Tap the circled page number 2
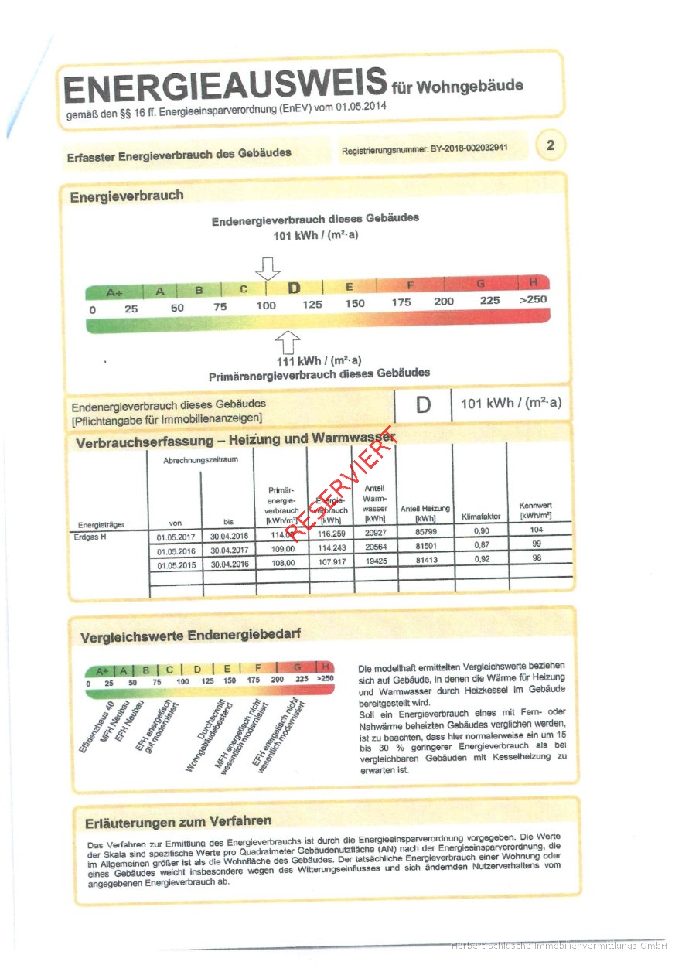pos(550,145)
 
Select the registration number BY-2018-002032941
pos(425,148)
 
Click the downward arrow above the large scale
pos(268,268)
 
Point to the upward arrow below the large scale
pos(288,340)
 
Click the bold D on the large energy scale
pos(294,288)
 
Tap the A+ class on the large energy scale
pos(114,292)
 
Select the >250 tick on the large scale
pos(533,300)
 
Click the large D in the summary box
pos(423,404)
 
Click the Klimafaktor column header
pos(481,516)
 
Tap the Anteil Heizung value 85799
pos(425,532)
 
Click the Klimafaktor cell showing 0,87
pos(481,545)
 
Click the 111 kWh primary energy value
pos(319,361)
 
